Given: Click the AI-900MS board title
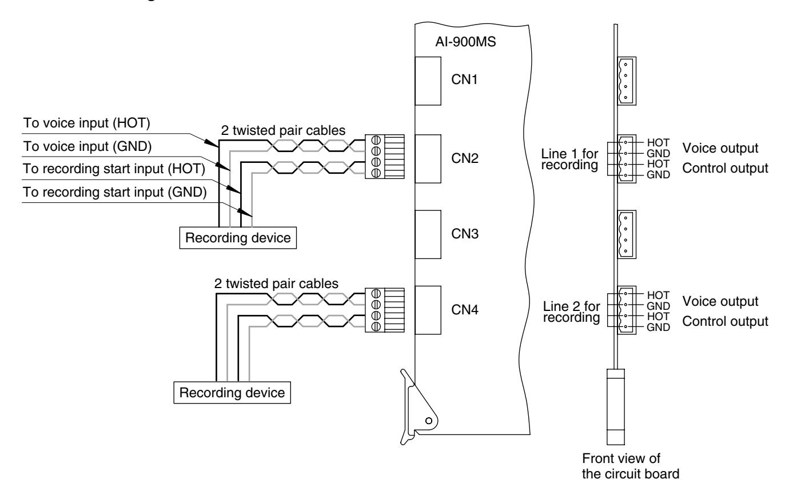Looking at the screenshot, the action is [x=465, y=42].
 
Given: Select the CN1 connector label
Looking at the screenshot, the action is [x=464, y=79].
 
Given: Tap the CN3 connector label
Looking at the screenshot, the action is [x=465, y=234].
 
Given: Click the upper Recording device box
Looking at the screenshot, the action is [x=238, y=238].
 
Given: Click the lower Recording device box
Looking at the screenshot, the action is [x=232, y=393].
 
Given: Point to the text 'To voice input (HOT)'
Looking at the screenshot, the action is [x=86, y=123].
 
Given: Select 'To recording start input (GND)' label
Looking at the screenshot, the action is [x=114, y=192].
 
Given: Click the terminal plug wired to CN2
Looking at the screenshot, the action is [x=384, y=157].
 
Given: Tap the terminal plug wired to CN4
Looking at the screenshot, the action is [x=384, y=310].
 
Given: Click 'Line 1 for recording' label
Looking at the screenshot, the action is [x=569, y=159].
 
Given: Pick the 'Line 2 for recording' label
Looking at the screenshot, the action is [x=571, y=312].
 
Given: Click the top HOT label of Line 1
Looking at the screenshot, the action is [x=658, y=143].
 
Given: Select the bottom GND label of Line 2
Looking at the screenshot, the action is [x=658, y=328].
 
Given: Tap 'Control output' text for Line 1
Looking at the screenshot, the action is [x=725, y=168].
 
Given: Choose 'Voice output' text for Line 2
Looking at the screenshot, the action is [x=720, y=301].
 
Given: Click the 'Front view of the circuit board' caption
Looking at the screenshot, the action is [x=631, y=466].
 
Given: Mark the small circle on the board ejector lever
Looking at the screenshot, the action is [x=429, y=421].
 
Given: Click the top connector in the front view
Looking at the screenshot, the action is [x=627, y=81].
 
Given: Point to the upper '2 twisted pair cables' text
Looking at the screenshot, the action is [x=283, y=130].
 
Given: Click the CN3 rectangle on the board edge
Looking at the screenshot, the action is [x=428, y=234].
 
